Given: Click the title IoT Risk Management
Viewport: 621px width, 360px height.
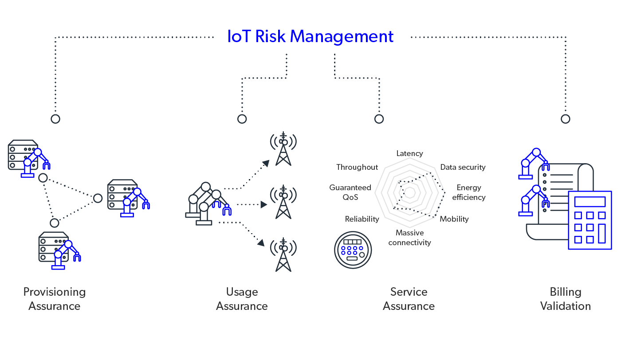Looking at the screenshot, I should (310, 36).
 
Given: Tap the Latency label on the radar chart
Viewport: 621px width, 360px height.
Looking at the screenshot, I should (409, 153).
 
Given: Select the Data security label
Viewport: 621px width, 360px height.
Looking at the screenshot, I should (463, 167).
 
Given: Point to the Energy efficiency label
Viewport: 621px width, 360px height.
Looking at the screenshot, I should (469, 192).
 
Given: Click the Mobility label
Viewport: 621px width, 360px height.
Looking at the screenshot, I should (454, 219).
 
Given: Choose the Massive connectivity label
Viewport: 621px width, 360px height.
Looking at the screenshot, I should (409, 238).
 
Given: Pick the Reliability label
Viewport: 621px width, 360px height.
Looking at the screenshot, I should (362, 219).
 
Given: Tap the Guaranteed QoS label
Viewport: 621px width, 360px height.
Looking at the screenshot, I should (350, 192).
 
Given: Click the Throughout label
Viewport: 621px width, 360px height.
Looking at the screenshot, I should (357, 167).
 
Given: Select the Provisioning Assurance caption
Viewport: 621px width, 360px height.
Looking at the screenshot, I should (55, 299).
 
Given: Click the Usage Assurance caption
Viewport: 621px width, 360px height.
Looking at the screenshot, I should (242, 299).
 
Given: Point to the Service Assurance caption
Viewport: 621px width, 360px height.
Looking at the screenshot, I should (409, 299).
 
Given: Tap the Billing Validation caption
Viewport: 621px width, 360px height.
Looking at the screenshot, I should (566, 299).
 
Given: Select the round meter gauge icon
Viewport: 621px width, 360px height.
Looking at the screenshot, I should (353, 250).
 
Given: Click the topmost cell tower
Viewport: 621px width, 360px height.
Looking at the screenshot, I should (283, 149).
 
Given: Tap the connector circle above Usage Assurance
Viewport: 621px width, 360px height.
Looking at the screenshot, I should (242, 119).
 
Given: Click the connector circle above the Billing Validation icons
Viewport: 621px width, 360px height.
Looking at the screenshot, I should (565, 119).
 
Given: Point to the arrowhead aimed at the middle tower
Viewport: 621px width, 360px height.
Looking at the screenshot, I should (263, 204).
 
